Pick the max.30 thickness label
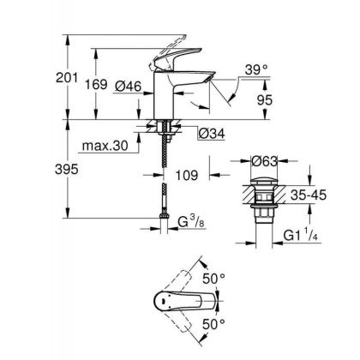107,147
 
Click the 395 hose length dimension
80,169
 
